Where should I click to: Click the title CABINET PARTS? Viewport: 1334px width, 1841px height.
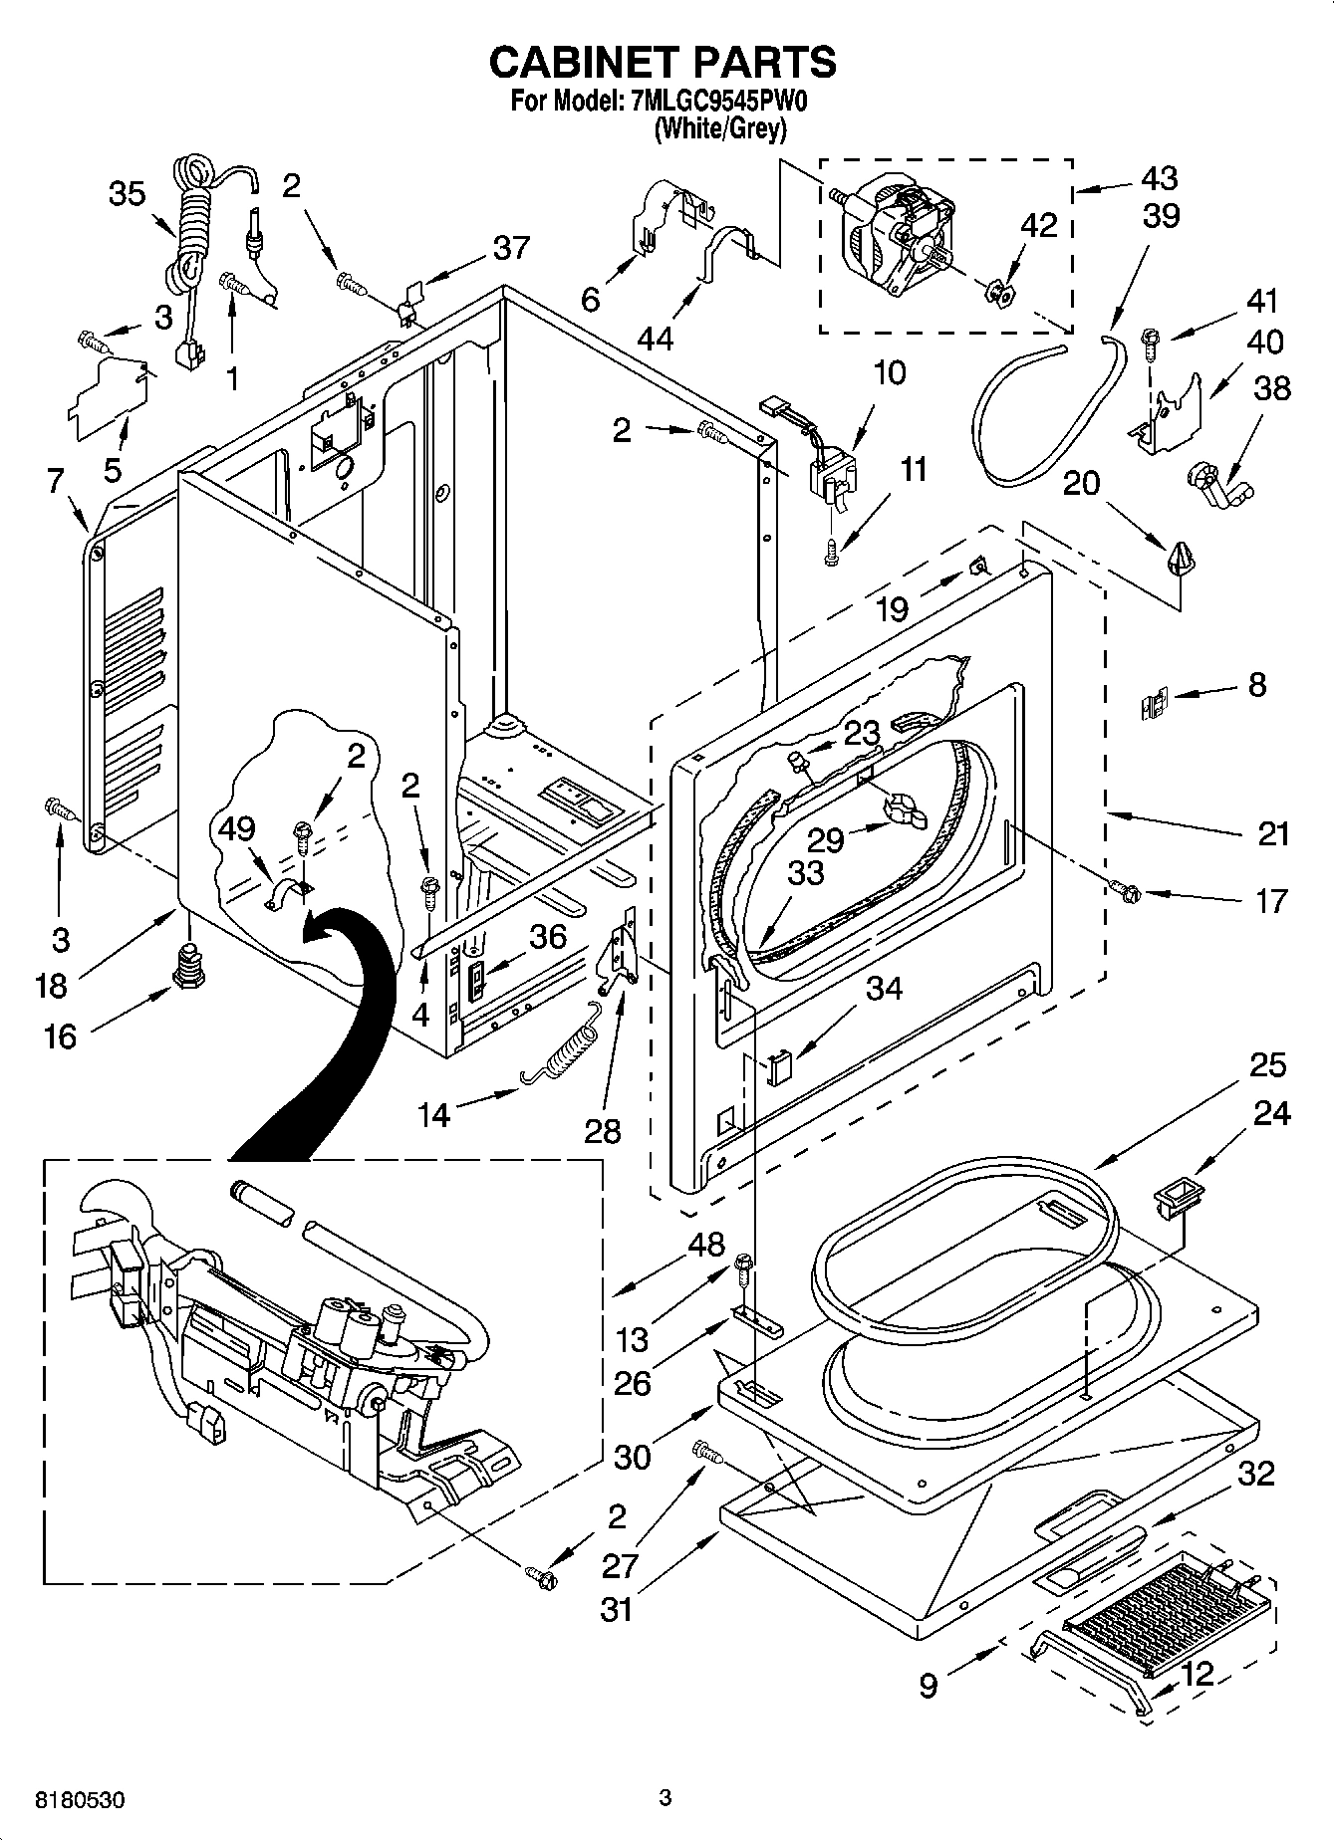click(663, 62)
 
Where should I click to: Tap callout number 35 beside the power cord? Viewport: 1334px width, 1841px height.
click(128, 194)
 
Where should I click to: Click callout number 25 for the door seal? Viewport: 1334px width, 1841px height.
click(1266, 1065)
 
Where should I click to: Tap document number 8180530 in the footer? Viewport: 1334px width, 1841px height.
click(80, 1800)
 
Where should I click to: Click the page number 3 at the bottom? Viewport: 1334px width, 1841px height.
click(666, 1798)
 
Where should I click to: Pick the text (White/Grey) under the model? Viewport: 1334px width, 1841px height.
click(719, 128)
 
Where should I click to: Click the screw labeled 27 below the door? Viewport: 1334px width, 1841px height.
click(705, 1453)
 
